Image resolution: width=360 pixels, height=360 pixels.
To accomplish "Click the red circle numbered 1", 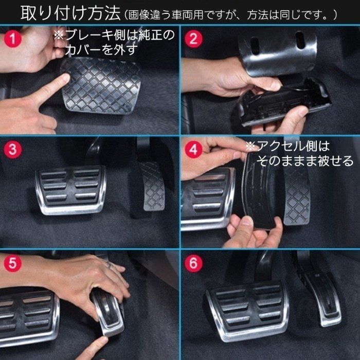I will pyautogui.click(x=14, y=38).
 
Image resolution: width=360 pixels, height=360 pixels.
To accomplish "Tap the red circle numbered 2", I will pyautogui.click(x=193, y=38).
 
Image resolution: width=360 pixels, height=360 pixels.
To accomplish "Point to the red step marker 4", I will pyautogui.click(x=193, y=150).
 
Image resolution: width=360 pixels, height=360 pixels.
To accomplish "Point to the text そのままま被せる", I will pyautogui.click(x=305, y=161).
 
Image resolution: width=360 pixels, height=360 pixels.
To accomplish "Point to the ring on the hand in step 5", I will pyautogui.click(x=109, y=265).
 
